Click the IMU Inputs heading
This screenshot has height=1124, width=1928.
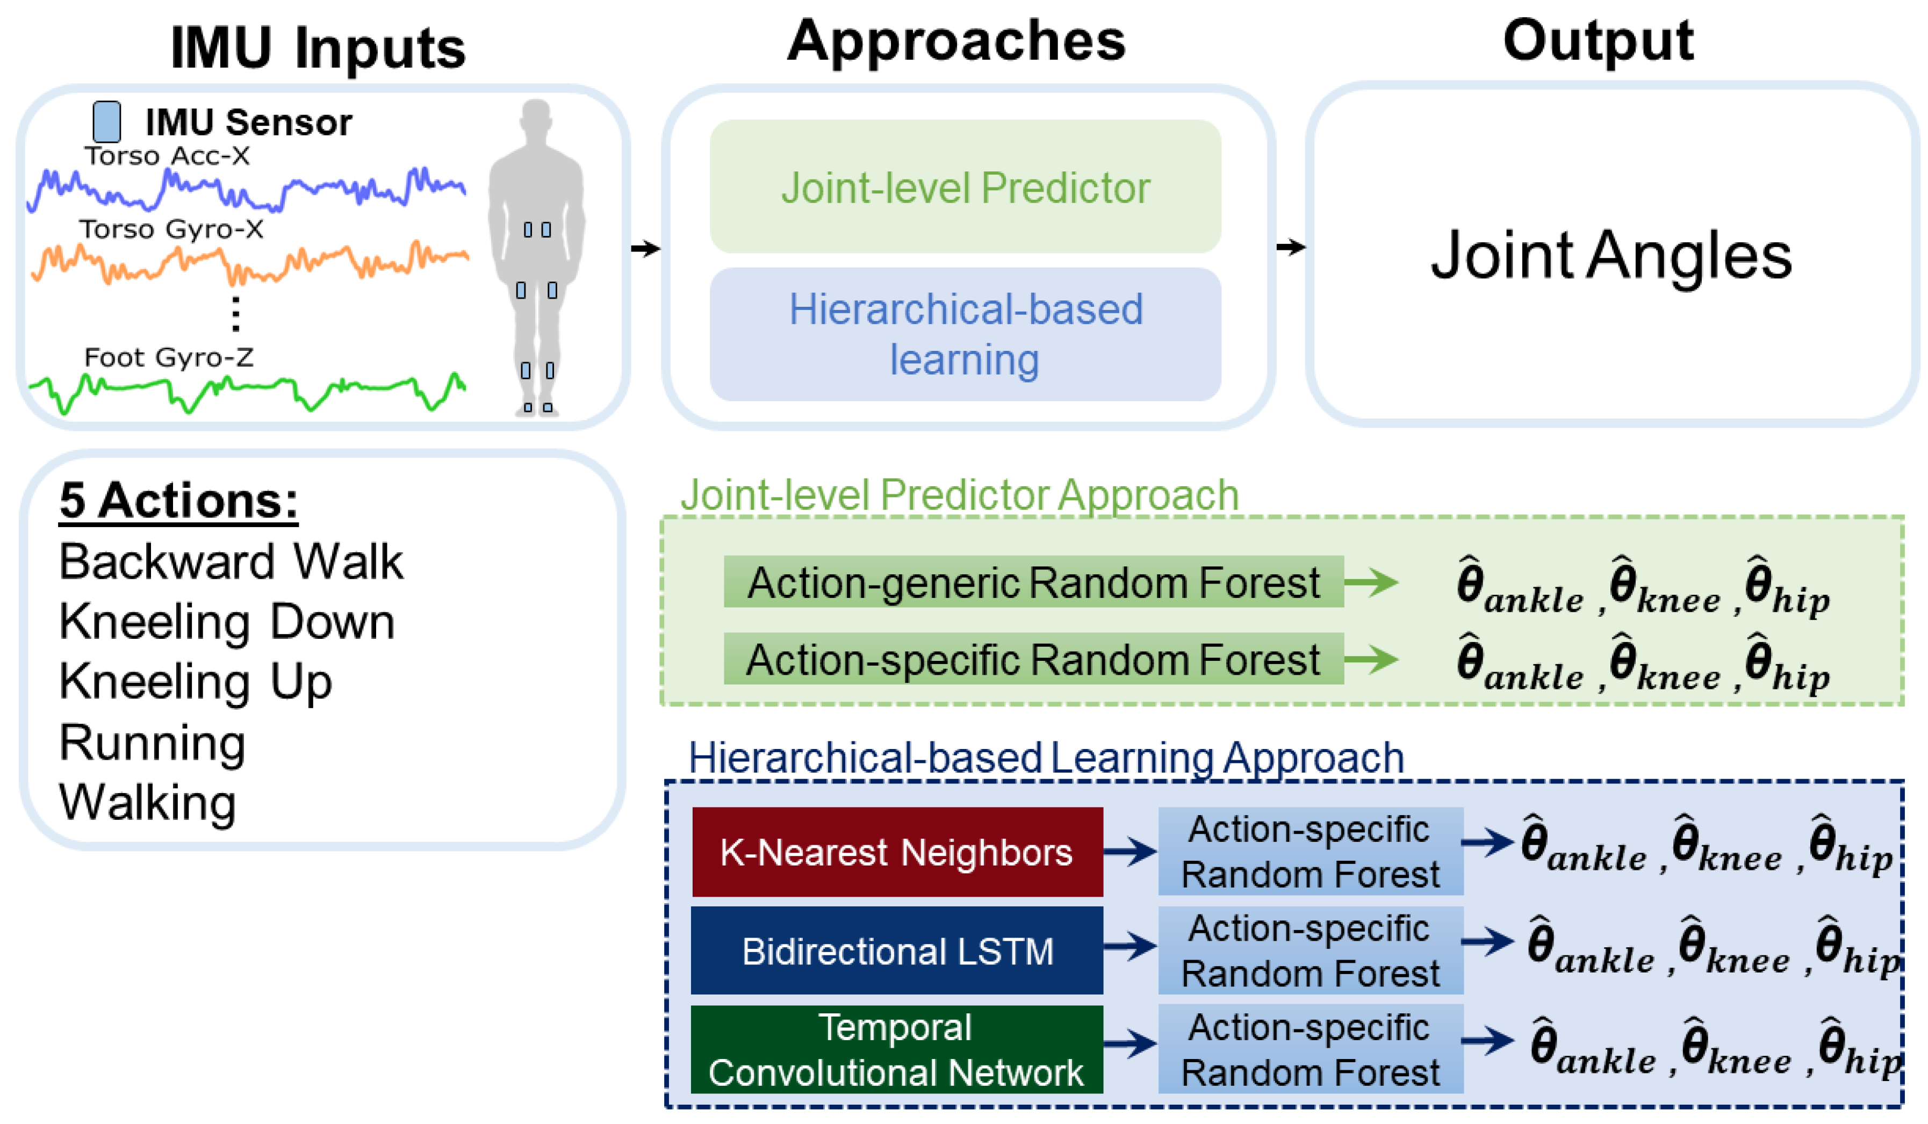click(x=318, y=47)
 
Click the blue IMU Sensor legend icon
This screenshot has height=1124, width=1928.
click(x=106, y=121)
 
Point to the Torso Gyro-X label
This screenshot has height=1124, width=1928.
click(x=171, y=229)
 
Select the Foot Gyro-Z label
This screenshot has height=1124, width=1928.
click(x=168, y=357)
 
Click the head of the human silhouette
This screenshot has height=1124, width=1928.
click(x=536, y=119)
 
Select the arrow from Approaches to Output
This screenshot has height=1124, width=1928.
click(x=1291, y=247)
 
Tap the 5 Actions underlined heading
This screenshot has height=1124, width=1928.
click(x=178, y=501)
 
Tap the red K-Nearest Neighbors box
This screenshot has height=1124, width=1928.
click(x=897, y=852)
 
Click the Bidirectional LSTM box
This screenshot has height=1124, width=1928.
click(x=897, y=951)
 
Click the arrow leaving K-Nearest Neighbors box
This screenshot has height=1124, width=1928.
click(x=1130, y=851)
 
